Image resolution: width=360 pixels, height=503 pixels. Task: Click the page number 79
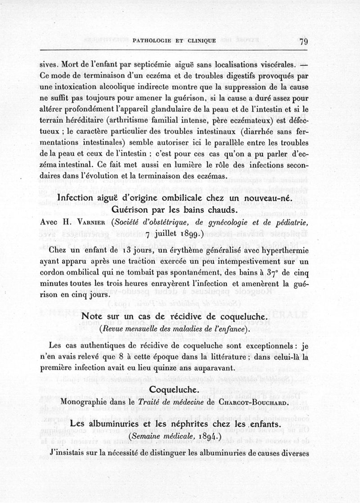pyautogui.click(x=302, y=42)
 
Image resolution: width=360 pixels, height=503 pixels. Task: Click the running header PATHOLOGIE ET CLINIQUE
pyautogui.click(x=175, y=41)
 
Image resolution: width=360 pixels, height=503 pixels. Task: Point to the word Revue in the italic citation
pyautogui.click(x=114, y=329)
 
